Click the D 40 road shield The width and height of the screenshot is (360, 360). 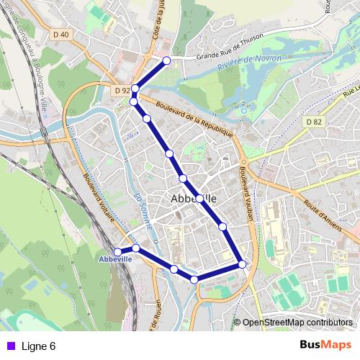[63, 34]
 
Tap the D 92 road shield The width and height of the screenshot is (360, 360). [122, 91]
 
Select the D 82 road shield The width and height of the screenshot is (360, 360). [313, 122]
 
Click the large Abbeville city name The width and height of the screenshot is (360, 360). [194, 198]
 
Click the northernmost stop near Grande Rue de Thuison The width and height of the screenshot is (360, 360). [167, 60]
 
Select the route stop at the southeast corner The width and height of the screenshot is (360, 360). [243, 264]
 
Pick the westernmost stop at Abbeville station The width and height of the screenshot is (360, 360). [119, 251]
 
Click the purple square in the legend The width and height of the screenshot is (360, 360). [9, 346]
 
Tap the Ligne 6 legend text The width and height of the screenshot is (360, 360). [39, 346]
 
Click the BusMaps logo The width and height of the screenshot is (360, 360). [325, 346]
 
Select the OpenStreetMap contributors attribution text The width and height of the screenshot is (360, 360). [297, 323]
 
